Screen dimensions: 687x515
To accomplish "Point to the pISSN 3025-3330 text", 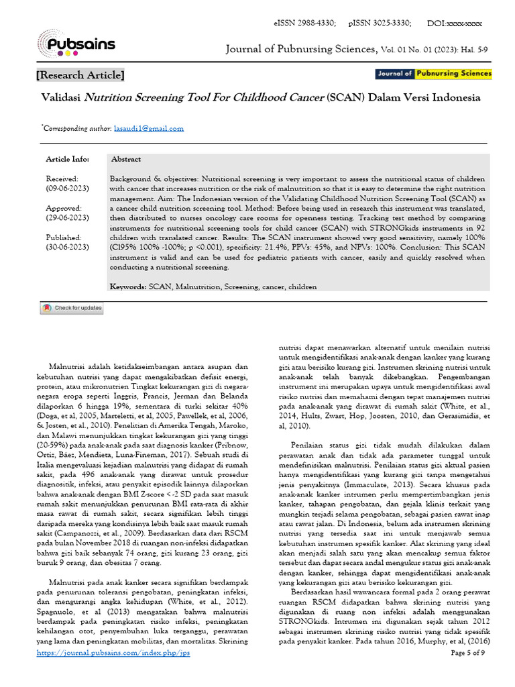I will click(380, 23).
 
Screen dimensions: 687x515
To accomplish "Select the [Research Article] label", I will click(80, 75).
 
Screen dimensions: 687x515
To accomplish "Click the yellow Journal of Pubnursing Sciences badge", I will click(433, 74).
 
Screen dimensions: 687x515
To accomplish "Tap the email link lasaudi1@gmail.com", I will click(148, 128).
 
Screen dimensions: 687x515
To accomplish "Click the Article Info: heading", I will click(67, 159).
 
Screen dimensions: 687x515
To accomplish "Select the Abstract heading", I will click(125, 159).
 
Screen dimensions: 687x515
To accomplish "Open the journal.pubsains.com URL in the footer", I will click(113, 672).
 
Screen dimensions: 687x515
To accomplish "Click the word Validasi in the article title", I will click(61, 97).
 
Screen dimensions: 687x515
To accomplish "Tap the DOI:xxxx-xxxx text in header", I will click(455, 23).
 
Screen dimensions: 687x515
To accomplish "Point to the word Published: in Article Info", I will click(64, 237).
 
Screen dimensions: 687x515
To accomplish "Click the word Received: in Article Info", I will click(62, 179).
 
